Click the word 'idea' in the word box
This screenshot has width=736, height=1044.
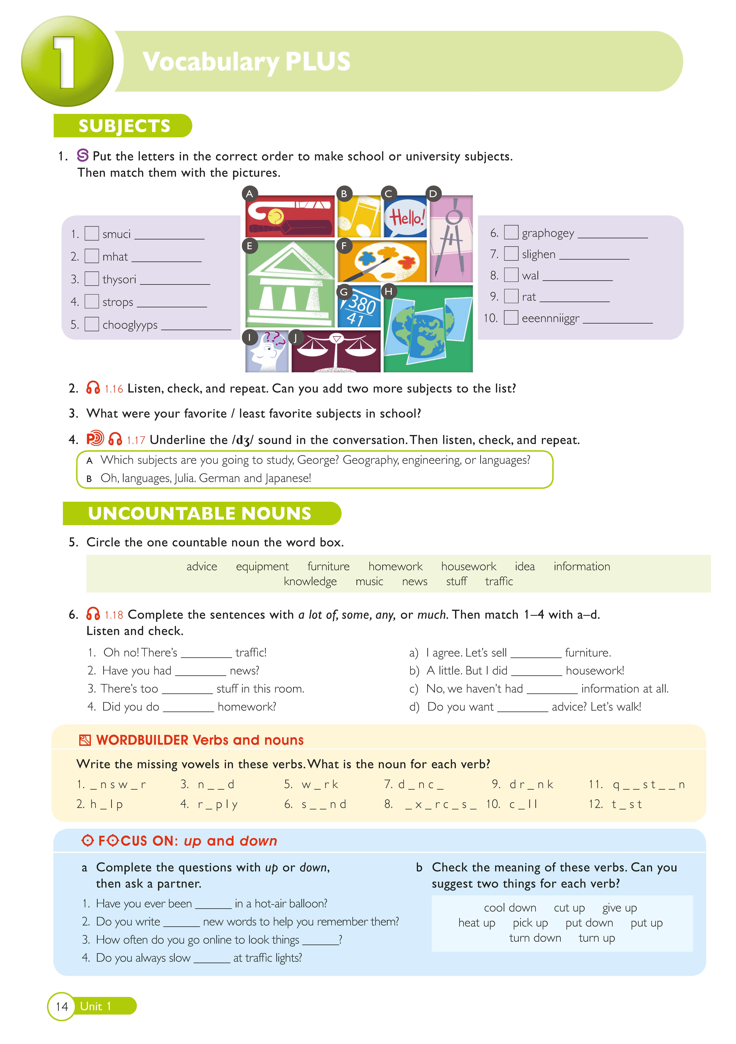point(524,567)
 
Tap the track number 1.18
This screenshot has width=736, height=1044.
point(114,615)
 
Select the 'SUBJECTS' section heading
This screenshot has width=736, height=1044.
point(124,126)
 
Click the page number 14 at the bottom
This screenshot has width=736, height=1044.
point(62,1006)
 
